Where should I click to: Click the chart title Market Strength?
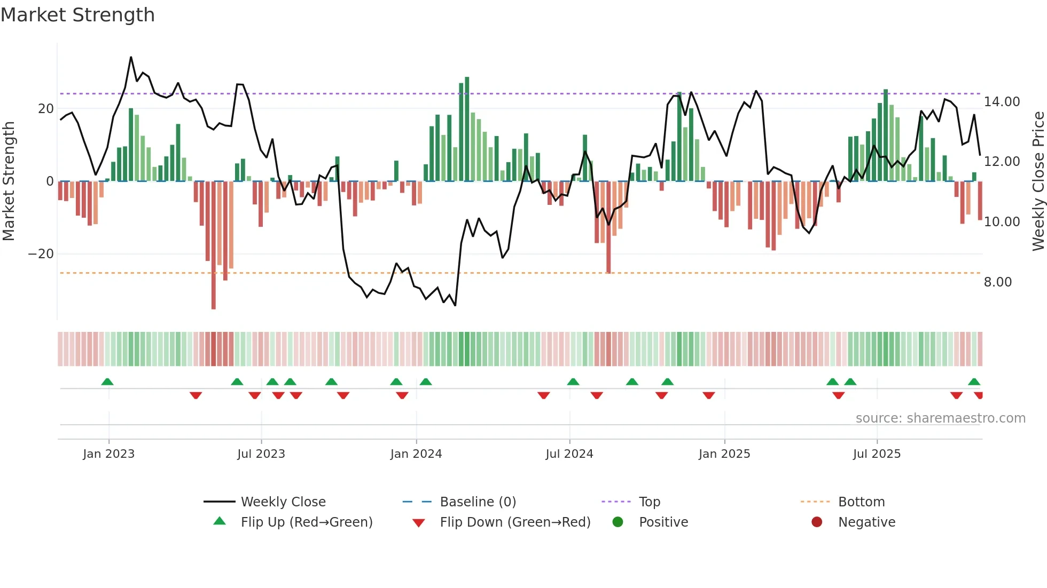[77, 15]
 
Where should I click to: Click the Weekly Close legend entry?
[283, 502]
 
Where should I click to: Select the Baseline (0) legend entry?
[478, 502]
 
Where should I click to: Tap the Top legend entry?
[649, 502]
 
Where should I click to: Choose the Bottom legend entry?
[861, 502]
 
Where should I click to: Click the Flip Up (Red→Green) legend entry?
[306, 522]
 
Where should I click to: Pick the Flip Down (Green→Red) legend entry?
[515, 522]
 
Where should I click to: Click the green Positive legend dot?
[618, 522]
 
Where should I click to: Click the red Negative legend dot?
[817, 522]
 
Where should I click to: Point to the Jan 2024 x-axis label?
[416, 454]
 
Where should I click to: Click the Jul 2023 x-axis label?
[261, 454]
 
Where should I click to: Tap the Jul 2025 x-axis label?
[877, 454]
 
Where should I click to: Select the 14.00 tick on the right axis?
[1002, 102]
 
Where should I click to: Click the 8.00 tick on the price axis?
[998, 282]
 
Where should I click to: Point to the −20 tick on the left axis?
[41, 254]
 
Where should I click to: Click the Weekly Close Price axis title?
[1038, 181]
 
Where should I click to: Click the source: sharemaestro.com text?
[940, 418]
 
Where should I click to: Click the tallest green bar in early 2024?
[467, 128]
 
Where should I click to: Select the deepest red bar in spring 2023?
[214, 245]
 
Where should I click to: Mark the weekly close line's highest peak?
[131, 57]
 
